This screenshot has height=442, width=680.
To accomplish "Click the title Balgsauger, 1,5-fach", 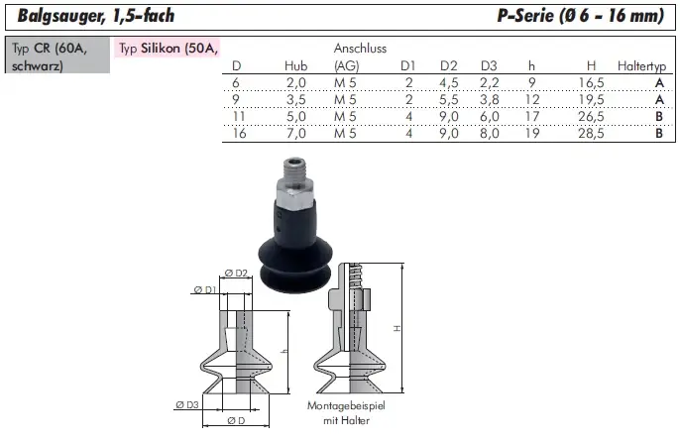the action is point(96,16).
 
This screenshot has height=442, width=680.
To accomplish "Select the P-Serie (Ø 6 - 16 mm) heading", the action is point(580,16).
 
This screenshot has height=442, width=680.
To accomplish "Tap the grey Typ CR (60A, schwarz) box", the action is point(57,55).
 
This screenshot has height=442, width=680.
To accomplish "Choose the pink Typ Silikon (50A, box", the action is point(168,49).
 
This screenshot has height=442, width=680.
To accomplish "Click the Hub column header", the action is point(295,66).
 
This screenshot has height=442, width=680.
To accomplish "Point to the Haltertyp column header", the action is point(642,66).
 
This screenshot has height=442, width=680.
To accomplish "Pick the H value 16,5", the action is point(591,83).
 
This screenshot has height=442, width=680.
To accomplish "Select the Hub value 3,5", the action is point(296,100).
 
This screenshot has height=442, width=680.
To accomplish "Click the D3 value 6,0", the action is point(490,117).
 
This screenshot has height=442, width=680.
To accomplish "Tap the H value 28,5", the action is point(591,133).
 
